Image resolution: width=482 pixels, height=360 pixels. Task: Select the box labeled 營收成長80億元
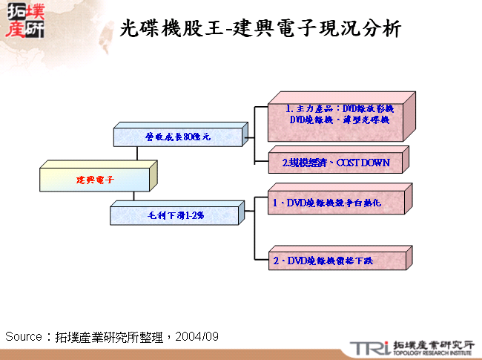pyautogui.click(x=178, y=137)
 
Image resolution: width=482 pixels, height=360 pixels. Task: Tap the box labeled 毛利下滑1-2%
pyautogui.click(x=175, y=215)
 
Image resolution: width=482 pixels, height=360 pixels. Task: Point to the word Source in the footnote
pyautogui.click(x=23, y=336)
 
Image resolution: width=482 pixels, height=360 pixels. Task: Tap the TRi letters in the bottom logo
pyautogui.click(x=369, y=347)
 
